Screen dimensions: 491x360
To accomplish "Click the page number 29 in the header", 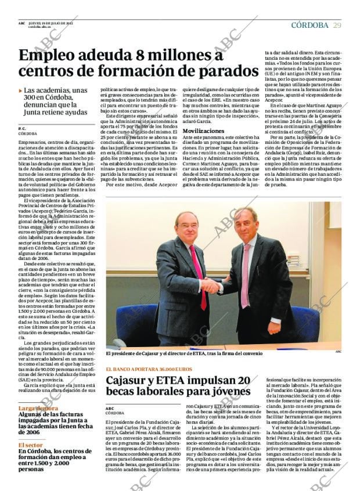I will tap(337, 25).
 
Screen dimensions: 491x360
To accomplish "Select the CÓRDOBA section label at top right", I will tap(309, 25).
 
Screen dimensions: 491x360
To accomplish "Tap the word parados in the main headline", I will tap(229, 72).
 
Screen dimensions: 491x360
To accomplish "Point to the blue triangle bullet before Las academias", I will tap(20, 91).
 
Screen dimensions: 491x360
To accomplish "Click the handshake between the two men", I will tap(211, 286).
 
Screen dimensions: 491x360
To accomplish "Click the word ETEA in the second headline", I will tap(181, 381).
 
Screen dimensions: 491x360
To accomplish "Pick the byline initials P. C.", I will tap(22, 128).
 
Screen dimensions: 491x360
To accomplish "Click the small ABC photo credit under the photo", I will tap(338, 351).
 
